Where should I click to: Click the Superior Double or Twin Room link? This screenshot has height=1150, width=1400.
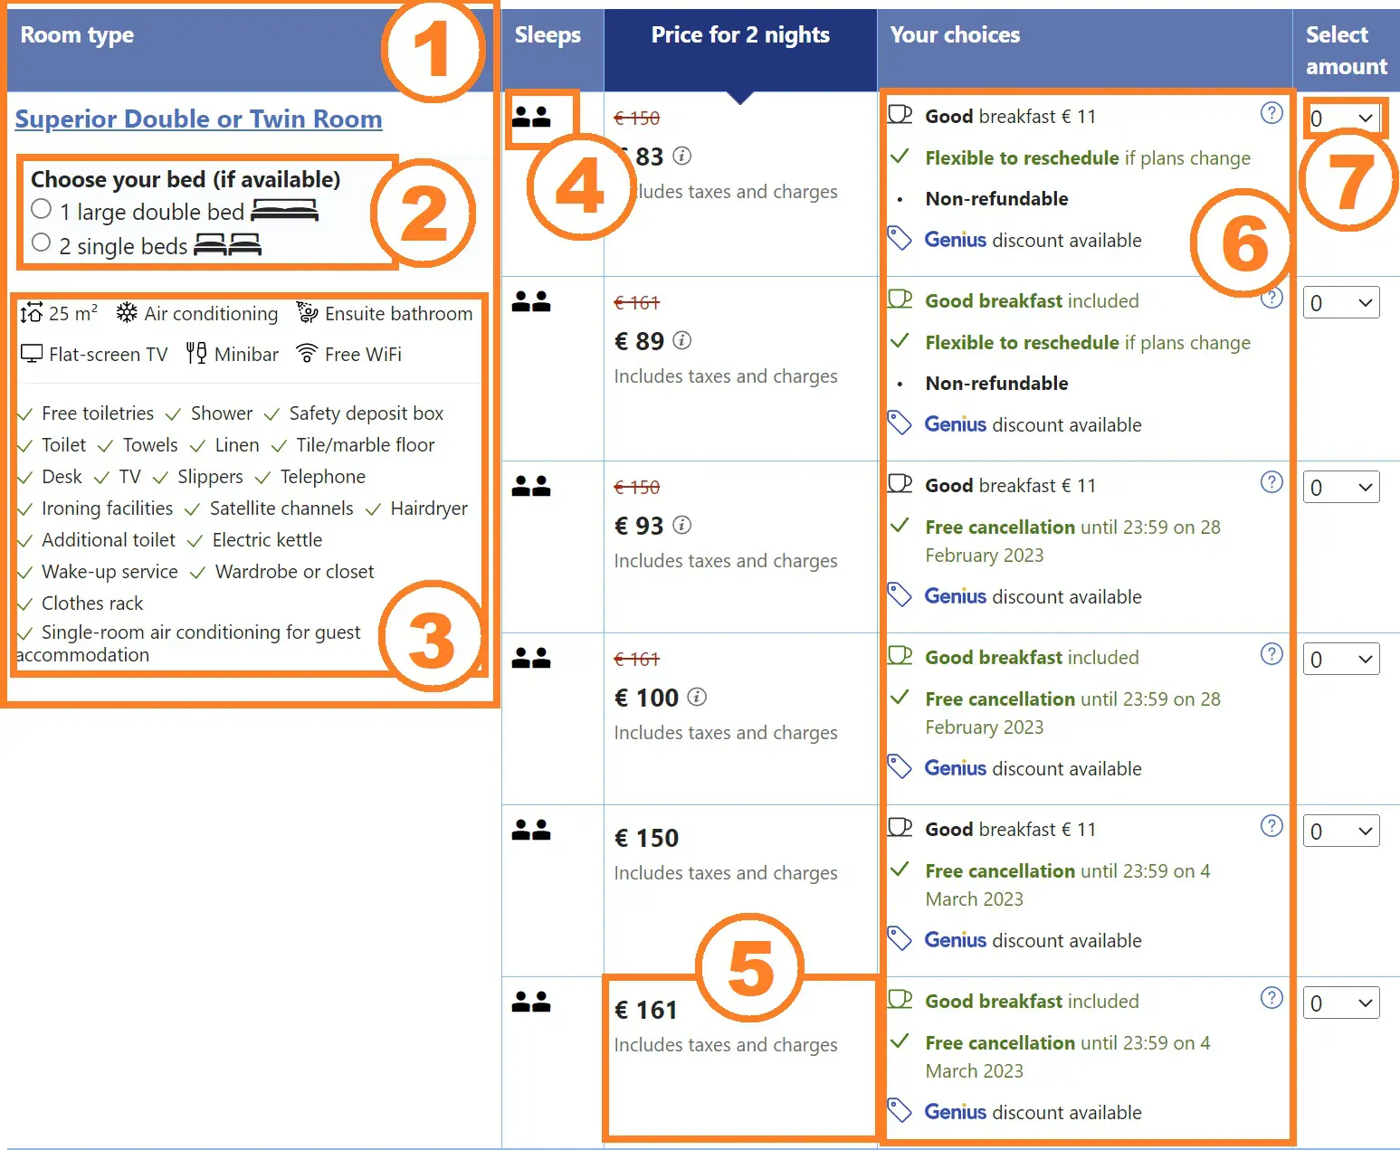[x=198, y=119]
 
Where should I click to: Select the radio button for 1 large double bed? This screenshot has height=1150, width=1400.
[x=41, y=209]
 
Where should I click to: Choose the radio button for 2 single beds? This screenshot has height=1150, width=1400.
[x=41, y=242]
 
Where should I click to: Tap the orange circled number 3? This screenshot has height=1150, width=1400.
[x=432, y=638]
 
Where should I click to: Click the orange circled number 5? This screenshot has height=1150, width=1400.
[x=749, y=969]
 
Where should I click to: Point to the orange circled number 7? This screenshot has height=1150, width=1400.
[x=1348, y=181]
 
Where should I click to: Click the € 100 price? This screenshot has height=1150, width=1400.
[x=646, y=698]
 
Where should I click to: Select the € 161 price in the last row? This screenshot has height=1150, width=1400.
[x=646, y=1010]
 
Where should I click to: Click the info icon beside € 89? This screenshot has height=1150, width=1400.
[x=682, y=340]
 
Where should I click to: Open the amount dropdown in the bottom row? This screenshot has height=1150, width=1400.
[x=1341, y=1003]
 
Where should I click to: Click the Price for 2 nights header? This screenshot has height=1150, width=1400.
[x=740, y=35]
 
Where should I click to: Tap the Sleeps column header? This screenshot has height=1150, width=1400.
[x=548, y=35]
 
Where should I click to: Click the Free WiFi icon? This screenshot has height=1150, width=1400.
[x=307, y=354]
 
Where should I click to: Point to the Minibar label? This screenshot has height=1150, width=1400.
[x=246, y=355]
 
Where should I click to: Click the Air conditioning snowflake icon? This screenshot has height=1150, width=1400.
[x=127, y=313]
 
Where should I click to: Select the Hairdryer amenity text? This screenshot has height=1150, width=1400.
[x=429, y=508]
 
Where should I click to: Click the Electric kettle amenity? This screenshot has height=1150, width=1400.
[x=267, y=540]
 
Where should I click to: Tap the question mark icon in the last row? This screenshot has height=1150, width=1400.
[x=1271, y=997]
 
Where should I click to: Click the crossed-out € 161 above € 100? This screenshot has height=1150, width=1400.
[x=637, y=660]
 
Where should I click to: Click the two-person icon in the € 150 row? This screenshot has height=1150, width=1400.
[x=531, y=830]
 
